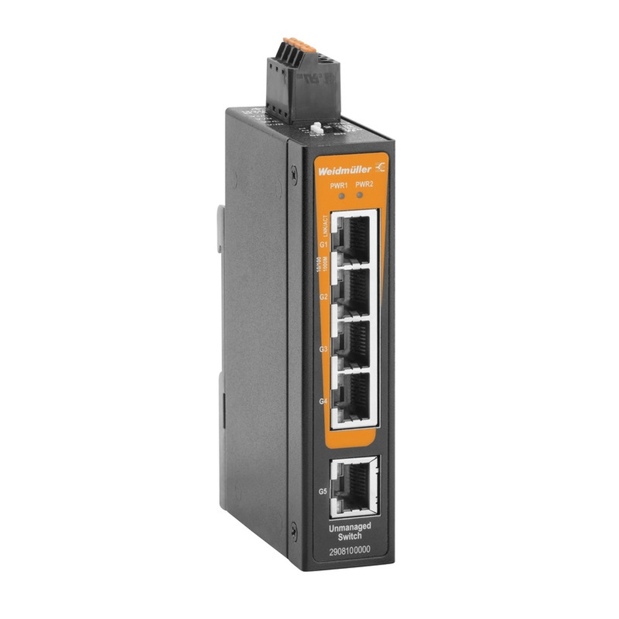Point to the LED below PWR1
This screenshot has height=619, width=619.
coord(339,196)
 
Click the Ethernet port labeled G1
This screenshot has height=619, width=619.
coord(355,238)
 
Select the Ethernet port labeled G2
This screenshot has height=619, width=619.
coord(355,291)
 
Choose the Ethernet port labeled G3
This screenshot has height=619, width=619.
coord(355,344)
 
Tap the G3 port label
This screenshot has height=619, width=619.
coord(322,349)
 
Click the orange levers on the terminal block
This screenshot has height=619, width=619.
coord(293,44)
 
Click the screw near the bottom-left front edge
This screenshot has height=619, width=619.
coord(293,529)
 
